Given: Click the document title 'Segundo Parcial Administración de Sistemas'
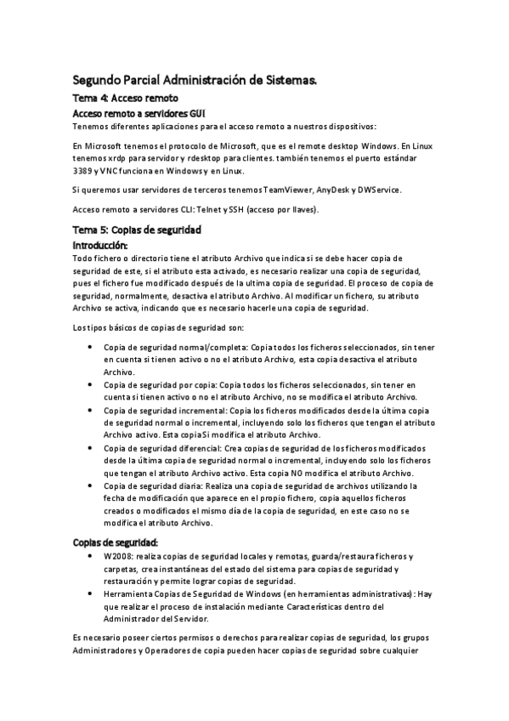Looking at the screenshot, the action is point(195,81).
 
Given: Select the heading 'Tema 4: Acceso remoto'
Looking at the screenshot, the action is point(125,99).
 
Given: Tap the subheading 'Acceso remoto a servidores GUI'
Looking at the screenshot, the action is point(139,113).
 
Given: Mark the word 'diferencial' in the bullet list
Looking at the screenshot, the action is point(199,448).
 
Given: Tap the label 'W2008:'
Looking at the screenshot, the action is point(118,556).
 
